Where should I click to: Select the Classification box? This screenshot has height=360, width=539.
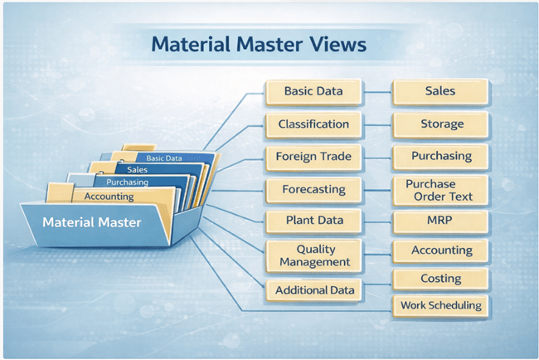point(313,124)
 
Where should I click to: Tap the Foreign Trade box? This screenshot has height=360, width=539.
point(313,156)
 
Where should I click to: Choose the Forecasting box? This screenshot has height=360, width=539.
point(313,189)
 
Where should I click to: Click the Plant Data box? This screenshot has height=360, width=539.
point(313,221)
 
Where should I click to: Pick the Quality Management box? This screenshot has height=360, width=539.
point(313,255)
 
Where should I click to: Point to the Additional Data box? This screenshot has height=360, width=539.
point(313,289)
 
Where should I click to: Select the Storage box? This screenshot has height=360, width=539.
point(439,124)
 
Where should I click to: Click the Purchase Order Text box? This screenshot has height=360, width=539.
point(439,190)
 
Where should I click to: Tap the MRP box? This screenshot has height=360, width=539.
point(439,221)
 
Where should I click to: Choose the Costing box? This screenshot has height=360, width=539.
point(439,280)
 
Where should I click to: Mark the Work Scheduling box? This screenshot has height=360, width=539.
point(439,305)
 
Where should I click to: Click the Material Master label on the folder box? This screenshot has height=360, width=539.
point(91,223)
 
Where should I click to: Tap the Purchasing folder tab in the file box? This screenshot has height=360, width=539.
point(126,182)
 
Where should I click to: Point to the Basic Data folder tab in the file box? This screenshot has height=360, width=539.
point(163,158)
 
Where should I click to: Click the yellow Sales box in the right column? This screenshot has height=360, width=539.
point(439,90)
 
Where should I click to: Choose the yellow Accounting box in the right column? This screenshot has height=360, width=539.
point(439,250)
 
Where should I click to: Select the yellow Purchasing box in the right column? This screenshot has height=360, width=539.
point(439,156)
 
